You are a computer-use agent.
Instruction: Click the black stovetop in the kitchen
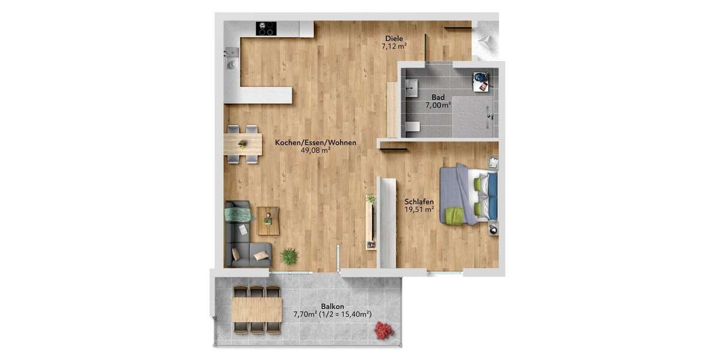266,28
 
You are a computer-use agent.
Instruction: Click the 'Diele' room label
394,39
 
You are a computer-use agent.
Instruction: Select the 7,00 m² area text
438,105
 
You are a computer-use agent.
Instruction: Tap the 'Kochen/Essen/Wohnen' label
316,143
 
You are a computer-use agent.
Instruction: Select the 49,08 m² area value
316,151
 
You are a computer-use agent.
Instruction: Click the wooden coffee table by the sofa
268,221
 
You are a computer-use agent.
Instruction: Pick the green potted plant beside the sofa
289,256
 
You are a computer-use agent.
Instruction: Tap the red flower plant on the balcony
382,329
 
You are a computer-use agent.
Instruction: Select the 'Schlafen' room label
419,202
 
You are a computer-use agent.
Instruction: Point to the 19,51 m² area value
419,210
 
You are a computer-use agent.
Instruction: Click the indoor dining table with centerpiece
243,144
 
